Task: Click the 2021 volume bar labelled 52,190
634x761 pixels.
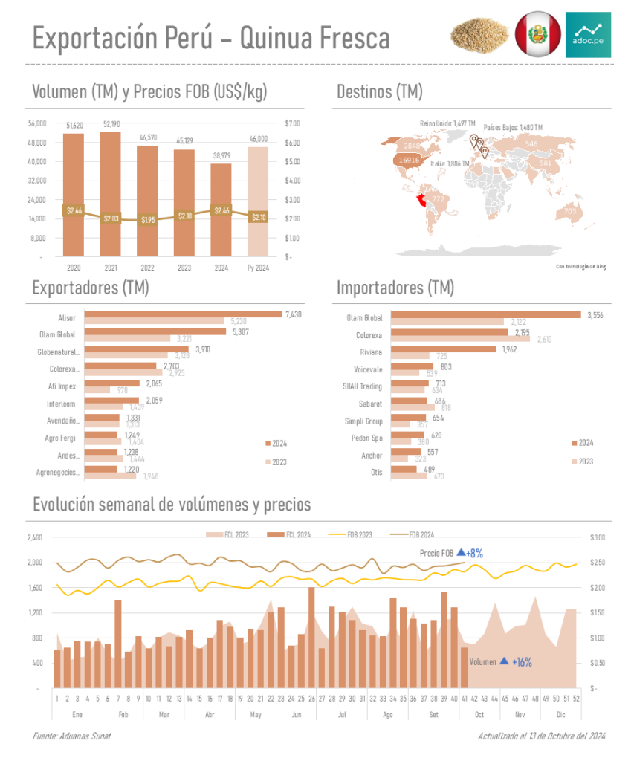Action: (x=110, y=193)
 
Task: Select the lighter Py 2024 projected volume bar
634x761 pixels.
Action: (x=258, y=201)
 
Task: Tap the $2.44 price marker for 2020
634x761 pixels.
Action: (x=74, y=211)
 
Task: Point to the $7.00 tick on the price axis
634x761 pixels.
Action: (x=292, y=123)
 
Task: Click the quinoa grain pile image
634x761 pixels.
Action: (x=479, y=35)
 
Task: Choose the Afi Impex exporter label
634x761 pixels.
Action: (x=72, y=386)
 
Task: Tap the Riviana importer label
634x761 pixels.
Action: (x=371, y=352)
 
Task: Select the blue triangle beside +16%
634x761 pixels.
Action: (x=504, y=661)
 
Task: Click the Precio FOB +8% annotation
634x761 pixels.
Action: (x=451, y=553)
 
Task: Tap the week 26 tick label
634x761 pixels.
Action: (x=311, y=699)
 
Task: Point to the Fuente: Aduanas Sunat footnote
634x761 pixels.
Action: (x=71, y=736)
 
